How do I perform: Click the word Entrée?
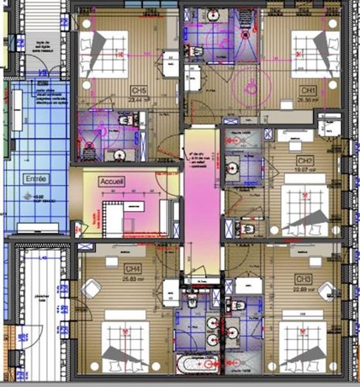click(x=37, y=178)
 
